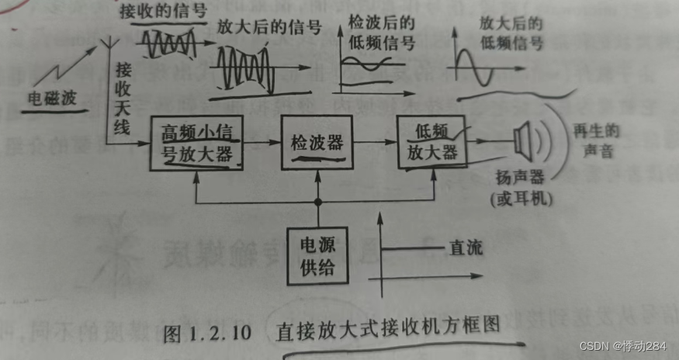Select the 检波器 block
(x=317, y=143)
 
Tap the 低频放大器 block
(x=431, y=142)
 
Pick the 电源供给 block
(x=317, y=255)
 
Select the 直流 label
(x=465, y=249)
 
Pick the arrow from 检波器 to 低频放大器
(x=374, y=143)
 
